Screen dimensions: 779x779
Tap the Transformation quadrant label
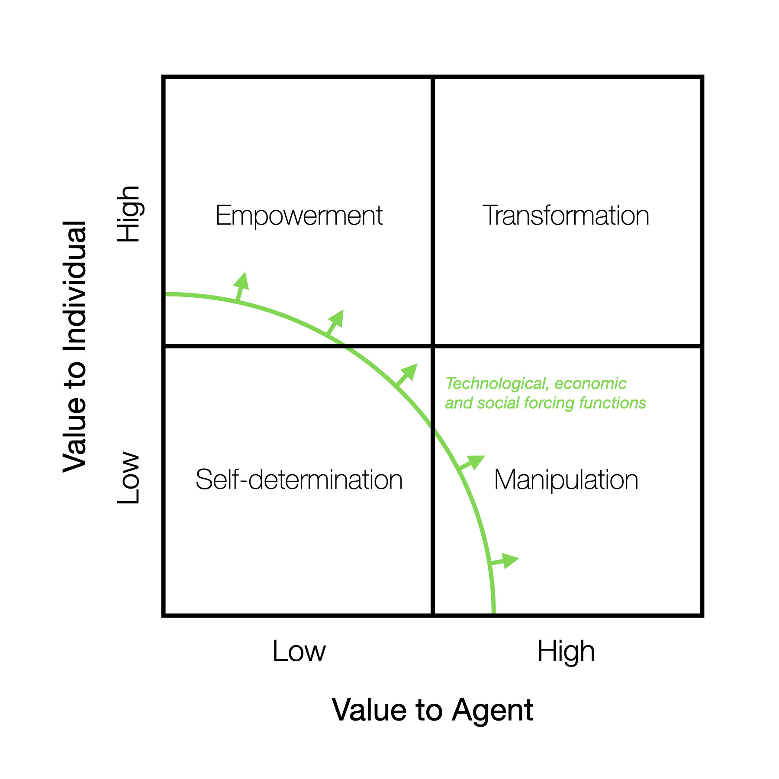(566, 216)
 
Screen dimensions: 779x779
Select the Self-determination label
(299, 480)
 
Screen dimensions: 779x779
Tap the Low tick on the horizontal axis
(299, 651)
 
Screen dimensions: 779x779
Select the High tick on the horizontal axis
(566, 651)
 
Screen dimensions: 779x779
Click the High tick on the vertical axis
(129, 214)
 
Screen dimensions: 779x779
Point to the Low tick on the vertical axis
(129, 478)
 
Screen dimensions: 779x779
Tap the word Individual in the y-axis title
(74, 285)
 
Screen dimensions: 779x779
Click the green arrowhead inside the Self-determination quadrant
(409, 372)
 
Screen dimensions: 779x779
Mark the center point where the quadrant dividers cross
(433, 346)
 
